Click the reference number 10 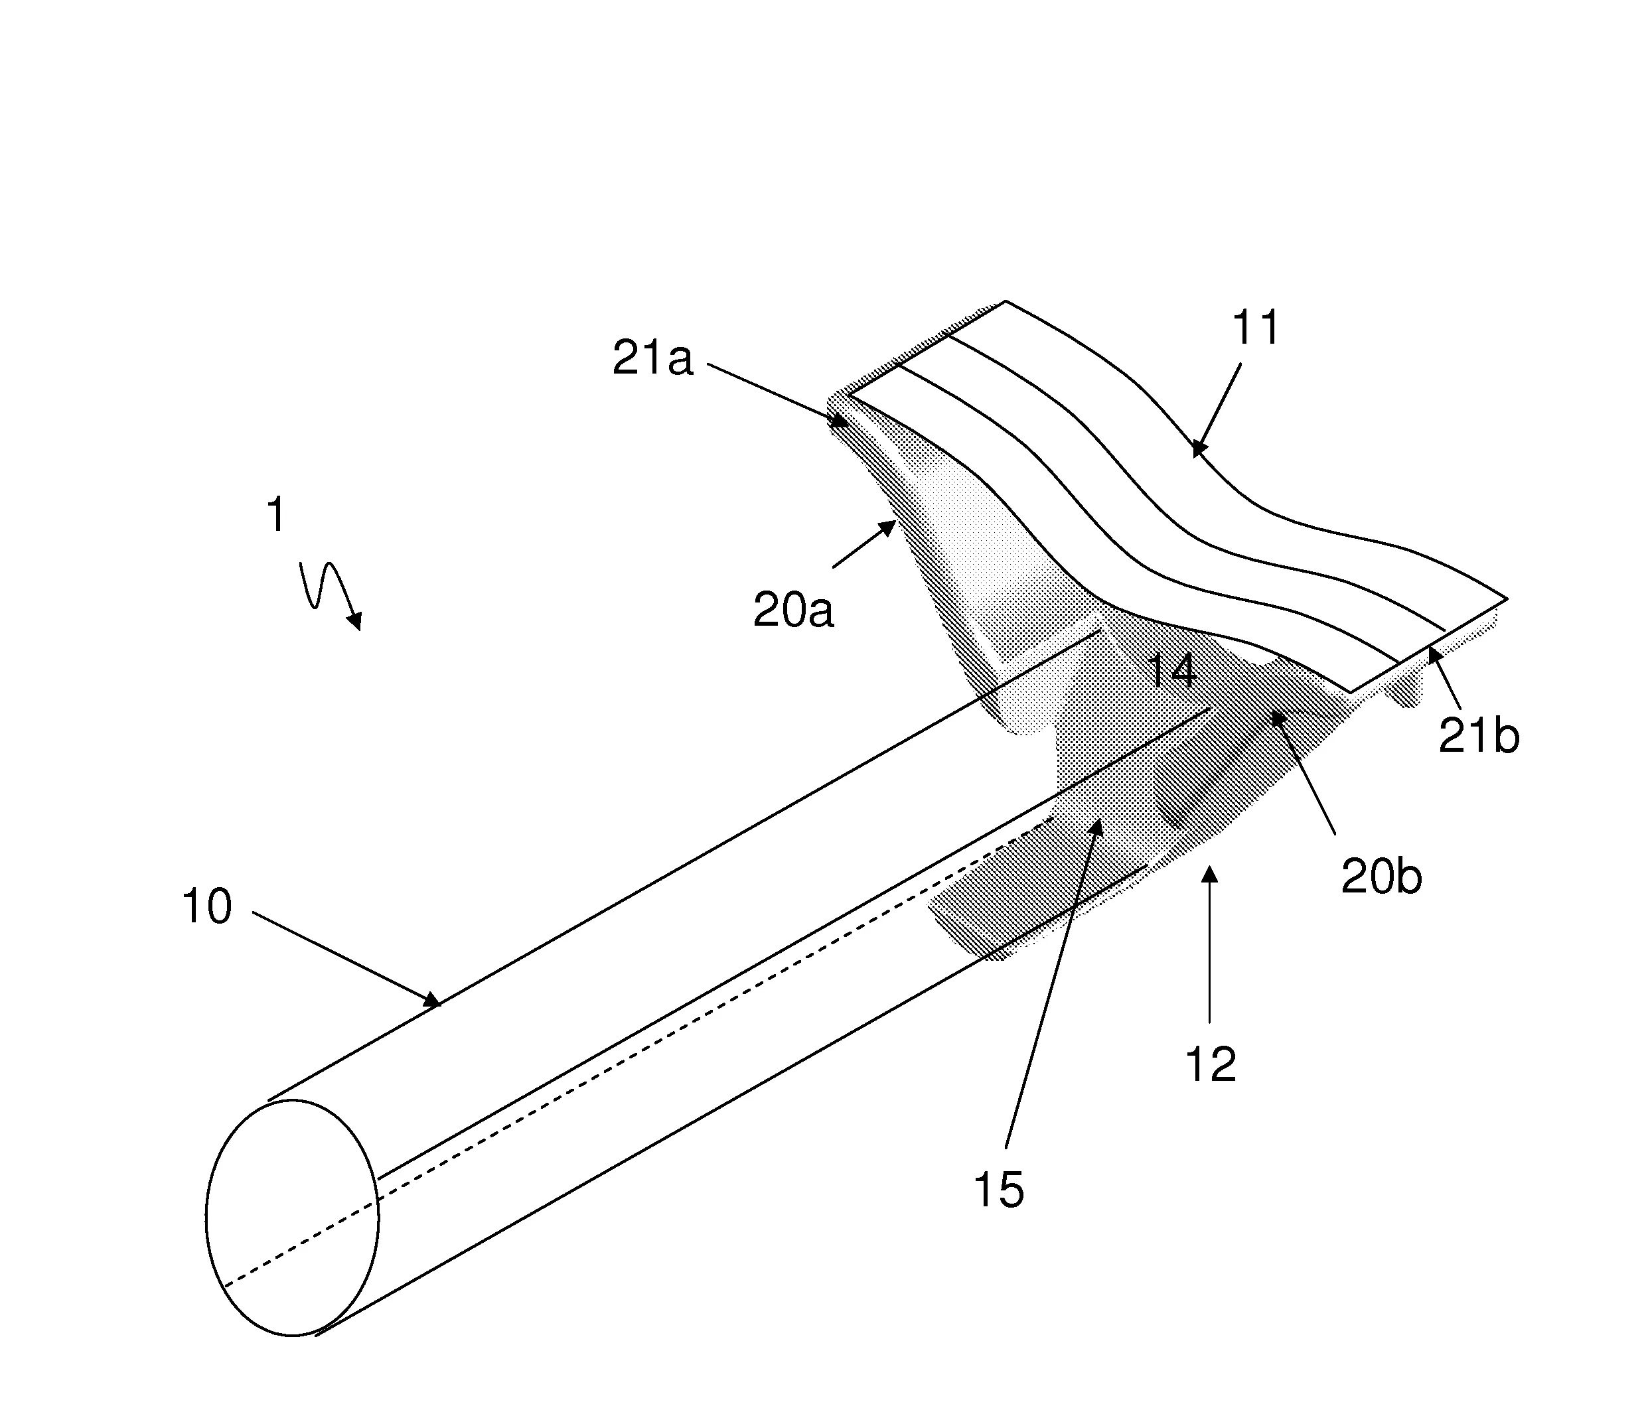pyautogui.click(x=206, y=906)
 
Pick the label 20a pyautogui.click(x=794, y=611)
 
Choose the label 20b pyautogui.click(x=1381, y=878)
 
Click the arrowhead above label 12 pyautogui.click(x=1210, y=875)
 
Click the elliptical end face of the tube pyautogui.click(x=292, y=1218)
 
